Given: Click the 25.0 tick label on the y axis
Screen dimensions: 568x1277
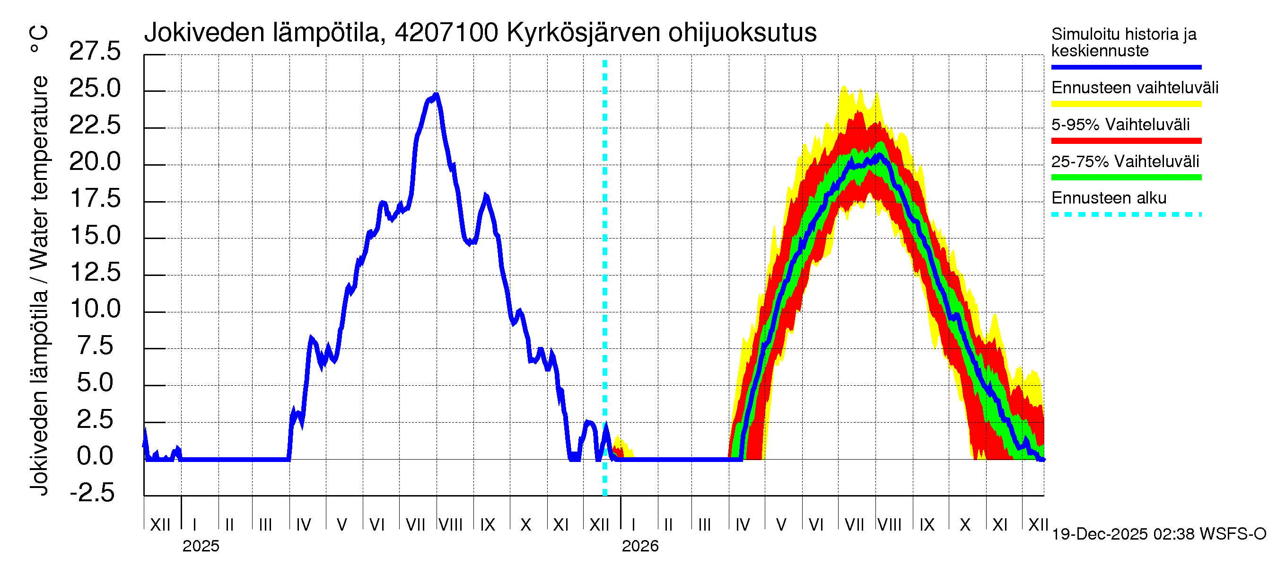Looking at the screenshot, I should [x=95, y=89].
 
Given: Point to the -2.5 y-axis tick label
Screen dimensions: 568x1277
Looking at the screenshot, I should [x=92, y=493].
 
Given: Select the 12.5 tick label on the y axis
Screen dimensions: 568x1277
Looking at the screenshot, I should [x=95, y=273].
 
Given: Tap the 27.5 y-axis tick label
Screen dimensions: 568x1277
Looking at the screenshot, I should [x=95, y=52].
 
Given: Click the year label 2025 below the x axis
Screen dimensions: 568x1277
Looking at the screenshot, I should [x=201, y=546].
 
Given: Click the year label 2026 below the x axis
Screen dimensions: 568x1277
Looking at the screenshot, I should [x=640, y=546].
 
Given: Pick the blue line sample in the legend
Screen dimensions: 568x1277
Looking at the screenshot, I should [x=1126, y=67].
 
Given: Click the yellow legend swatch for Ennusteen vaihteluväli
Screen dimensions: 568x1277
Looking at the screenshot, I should [x=1126, y=104].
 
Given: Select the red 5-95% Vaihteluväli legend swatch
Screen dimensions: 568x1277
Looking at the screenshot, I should [x=1126, y=141].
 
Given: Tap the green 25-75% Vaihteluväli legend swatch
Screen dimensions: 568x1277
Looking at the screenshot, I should [x=1126, y=177].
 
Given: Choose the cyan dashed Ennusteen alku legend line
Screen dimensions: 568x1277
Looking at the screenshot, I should [x=1126, y=215].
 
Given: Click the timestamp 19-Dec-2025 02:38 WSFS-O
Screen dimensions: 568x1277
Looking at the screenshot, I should [x=1158, y=534].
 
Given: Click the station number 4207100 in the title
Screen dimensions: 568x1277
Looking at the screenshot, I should [x=446, y=33].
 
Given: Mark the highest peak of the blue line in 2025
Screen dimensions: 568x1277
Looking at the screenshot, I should [x=436, y=94].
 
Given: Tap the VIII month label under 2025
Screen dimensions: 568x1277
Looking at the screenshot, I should [x=451, y=525].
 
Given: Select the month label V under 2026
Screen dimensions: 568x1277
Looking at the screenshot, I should [x=781, y=525].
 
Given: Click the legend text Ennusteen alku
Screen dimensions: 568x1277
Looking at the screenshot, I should [x=1109, y=198].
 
